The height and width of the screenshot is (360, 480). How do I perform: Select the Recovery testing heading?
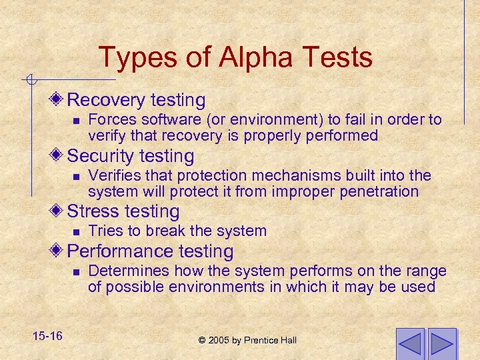(137, 100)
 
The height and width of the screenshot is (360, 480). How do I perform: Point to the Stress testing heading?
(123, 211)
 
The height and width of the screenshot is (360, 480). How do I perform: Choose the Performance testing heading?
(151, 251)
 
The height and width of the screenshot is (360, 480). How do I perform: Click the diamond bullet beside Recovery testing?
(59, 100)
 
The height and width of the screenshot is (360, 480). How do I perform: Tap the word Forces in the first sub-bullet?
(111, 119)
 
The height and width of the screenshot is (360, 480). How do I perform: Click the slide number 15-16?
(46, 335)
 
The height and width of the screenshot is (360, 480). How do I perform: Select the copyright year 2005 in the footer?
(219, 340)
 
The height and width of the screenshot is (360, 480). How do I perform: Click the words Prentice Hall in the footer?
(272, 340)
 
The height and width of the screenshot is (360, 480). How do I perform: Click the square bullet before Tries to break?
(76, 232)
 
